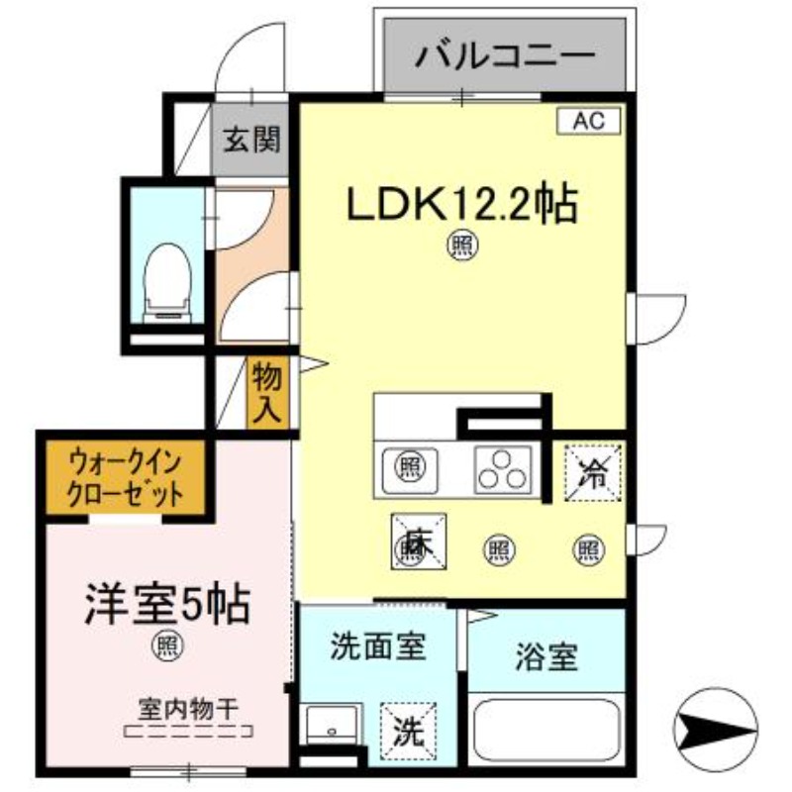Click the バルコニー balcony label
[x=505, y=52]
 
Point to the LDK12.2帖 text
[x=460, y=205]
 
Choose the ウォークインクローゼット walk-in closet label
[x=126, y=478]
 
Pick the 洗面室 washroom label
[x=377, y=648]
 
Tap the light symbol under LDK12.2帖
[x=460, y=243]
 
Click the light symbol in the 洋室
[x=166, y=646]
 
